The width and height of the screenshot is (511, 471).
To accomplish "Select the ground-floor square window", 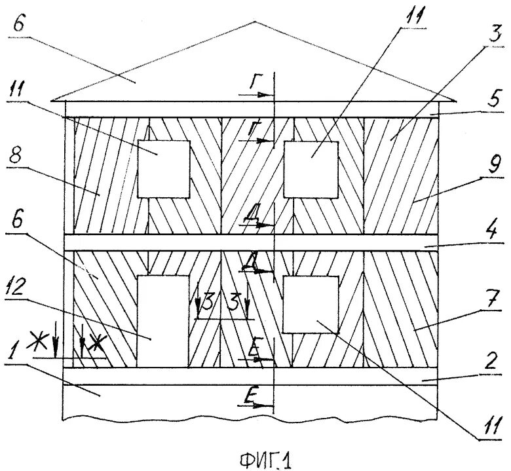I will click(311, 303).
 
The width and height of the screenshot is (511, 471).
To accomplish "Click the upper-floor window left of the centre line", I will click(164, 168).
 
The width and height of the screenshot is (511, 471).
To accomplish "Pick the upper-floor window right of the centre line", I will click(311, 168).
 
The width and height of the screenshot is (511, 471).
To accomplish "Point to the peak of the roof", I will click(254, 22).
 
